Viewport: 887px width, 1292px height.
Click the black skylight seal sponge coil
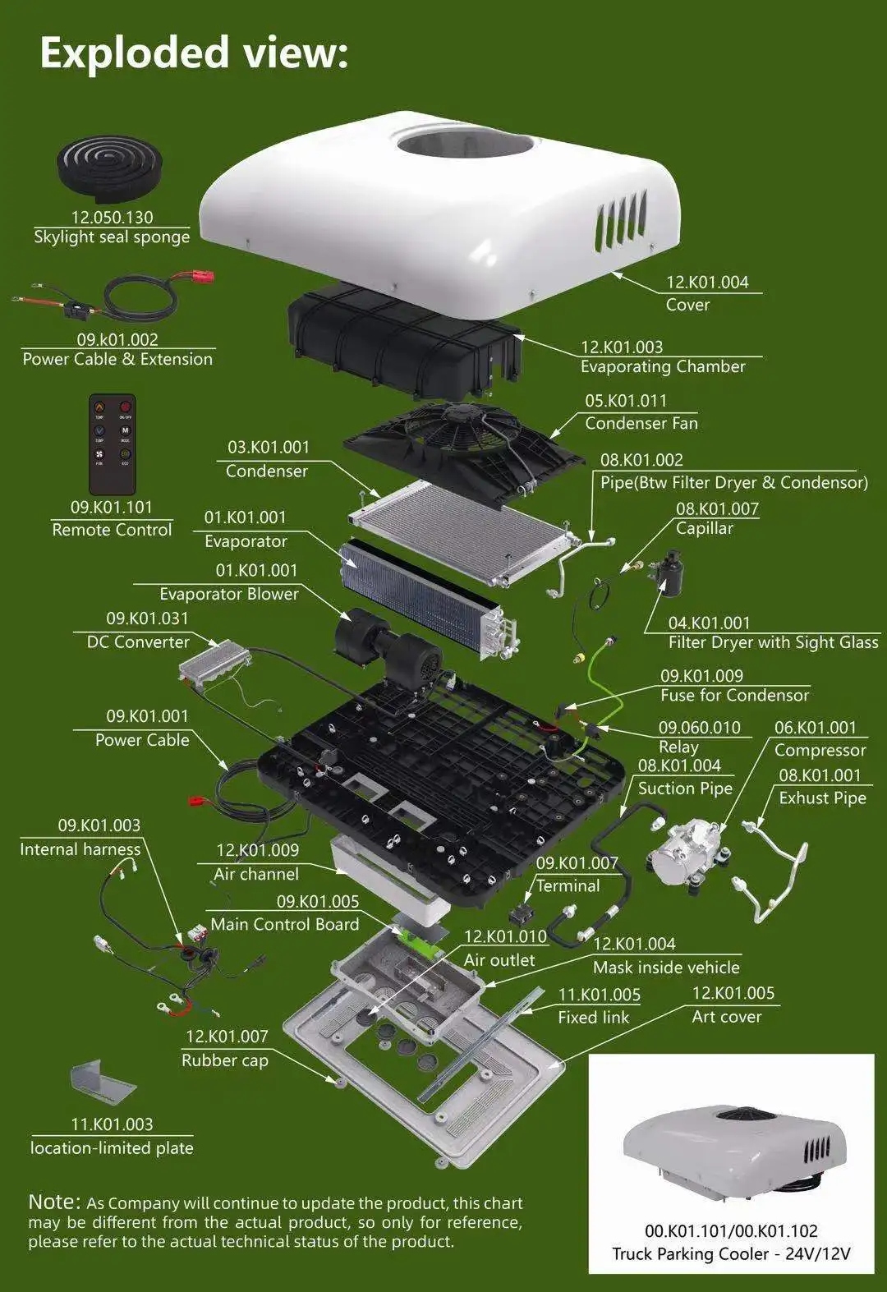[x=112, y=168]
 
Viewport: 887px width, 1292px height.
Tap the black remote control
[x=112, y=444]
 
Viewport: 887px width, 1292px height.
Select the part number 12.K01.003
[x=622, y=347]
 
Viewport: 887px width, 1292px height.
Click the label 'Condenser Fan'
[x=641, y=424]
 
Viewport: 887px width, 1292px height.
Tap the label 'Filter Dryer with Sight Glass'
[x=773, y=643]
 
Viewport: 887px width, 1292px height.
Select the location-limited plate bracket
[x=102, y=1083]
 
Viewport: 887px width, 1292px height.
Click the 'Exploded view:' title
[x=194, y=53]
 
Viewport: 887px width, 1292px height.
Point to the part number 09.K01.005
[x=318, y=902]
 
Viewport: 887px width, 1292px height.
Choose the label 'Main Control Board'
[x=285, y=925]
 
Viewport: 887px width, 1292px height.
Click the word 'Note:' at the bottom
[x=54, y=1202]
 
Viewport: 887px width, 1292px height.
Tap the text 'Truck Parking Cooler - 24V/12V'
[x=731, y=1254]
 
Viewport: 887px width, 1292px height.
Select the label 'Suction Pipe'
[x=685, y=789]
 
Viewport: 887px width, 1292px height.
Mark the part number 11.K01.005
[x=599, y=995]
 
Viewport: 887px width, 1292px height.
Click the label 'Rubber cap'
[x=225, y=1060]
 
